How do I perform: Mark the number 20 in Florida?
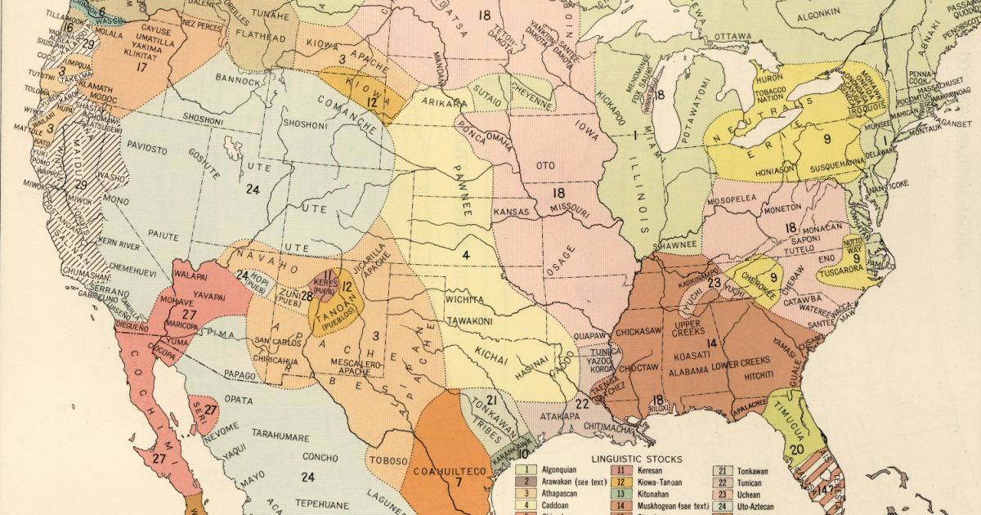[x=796, y=448]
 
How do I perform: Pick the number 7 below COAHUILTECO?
[x=459, y=481]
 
